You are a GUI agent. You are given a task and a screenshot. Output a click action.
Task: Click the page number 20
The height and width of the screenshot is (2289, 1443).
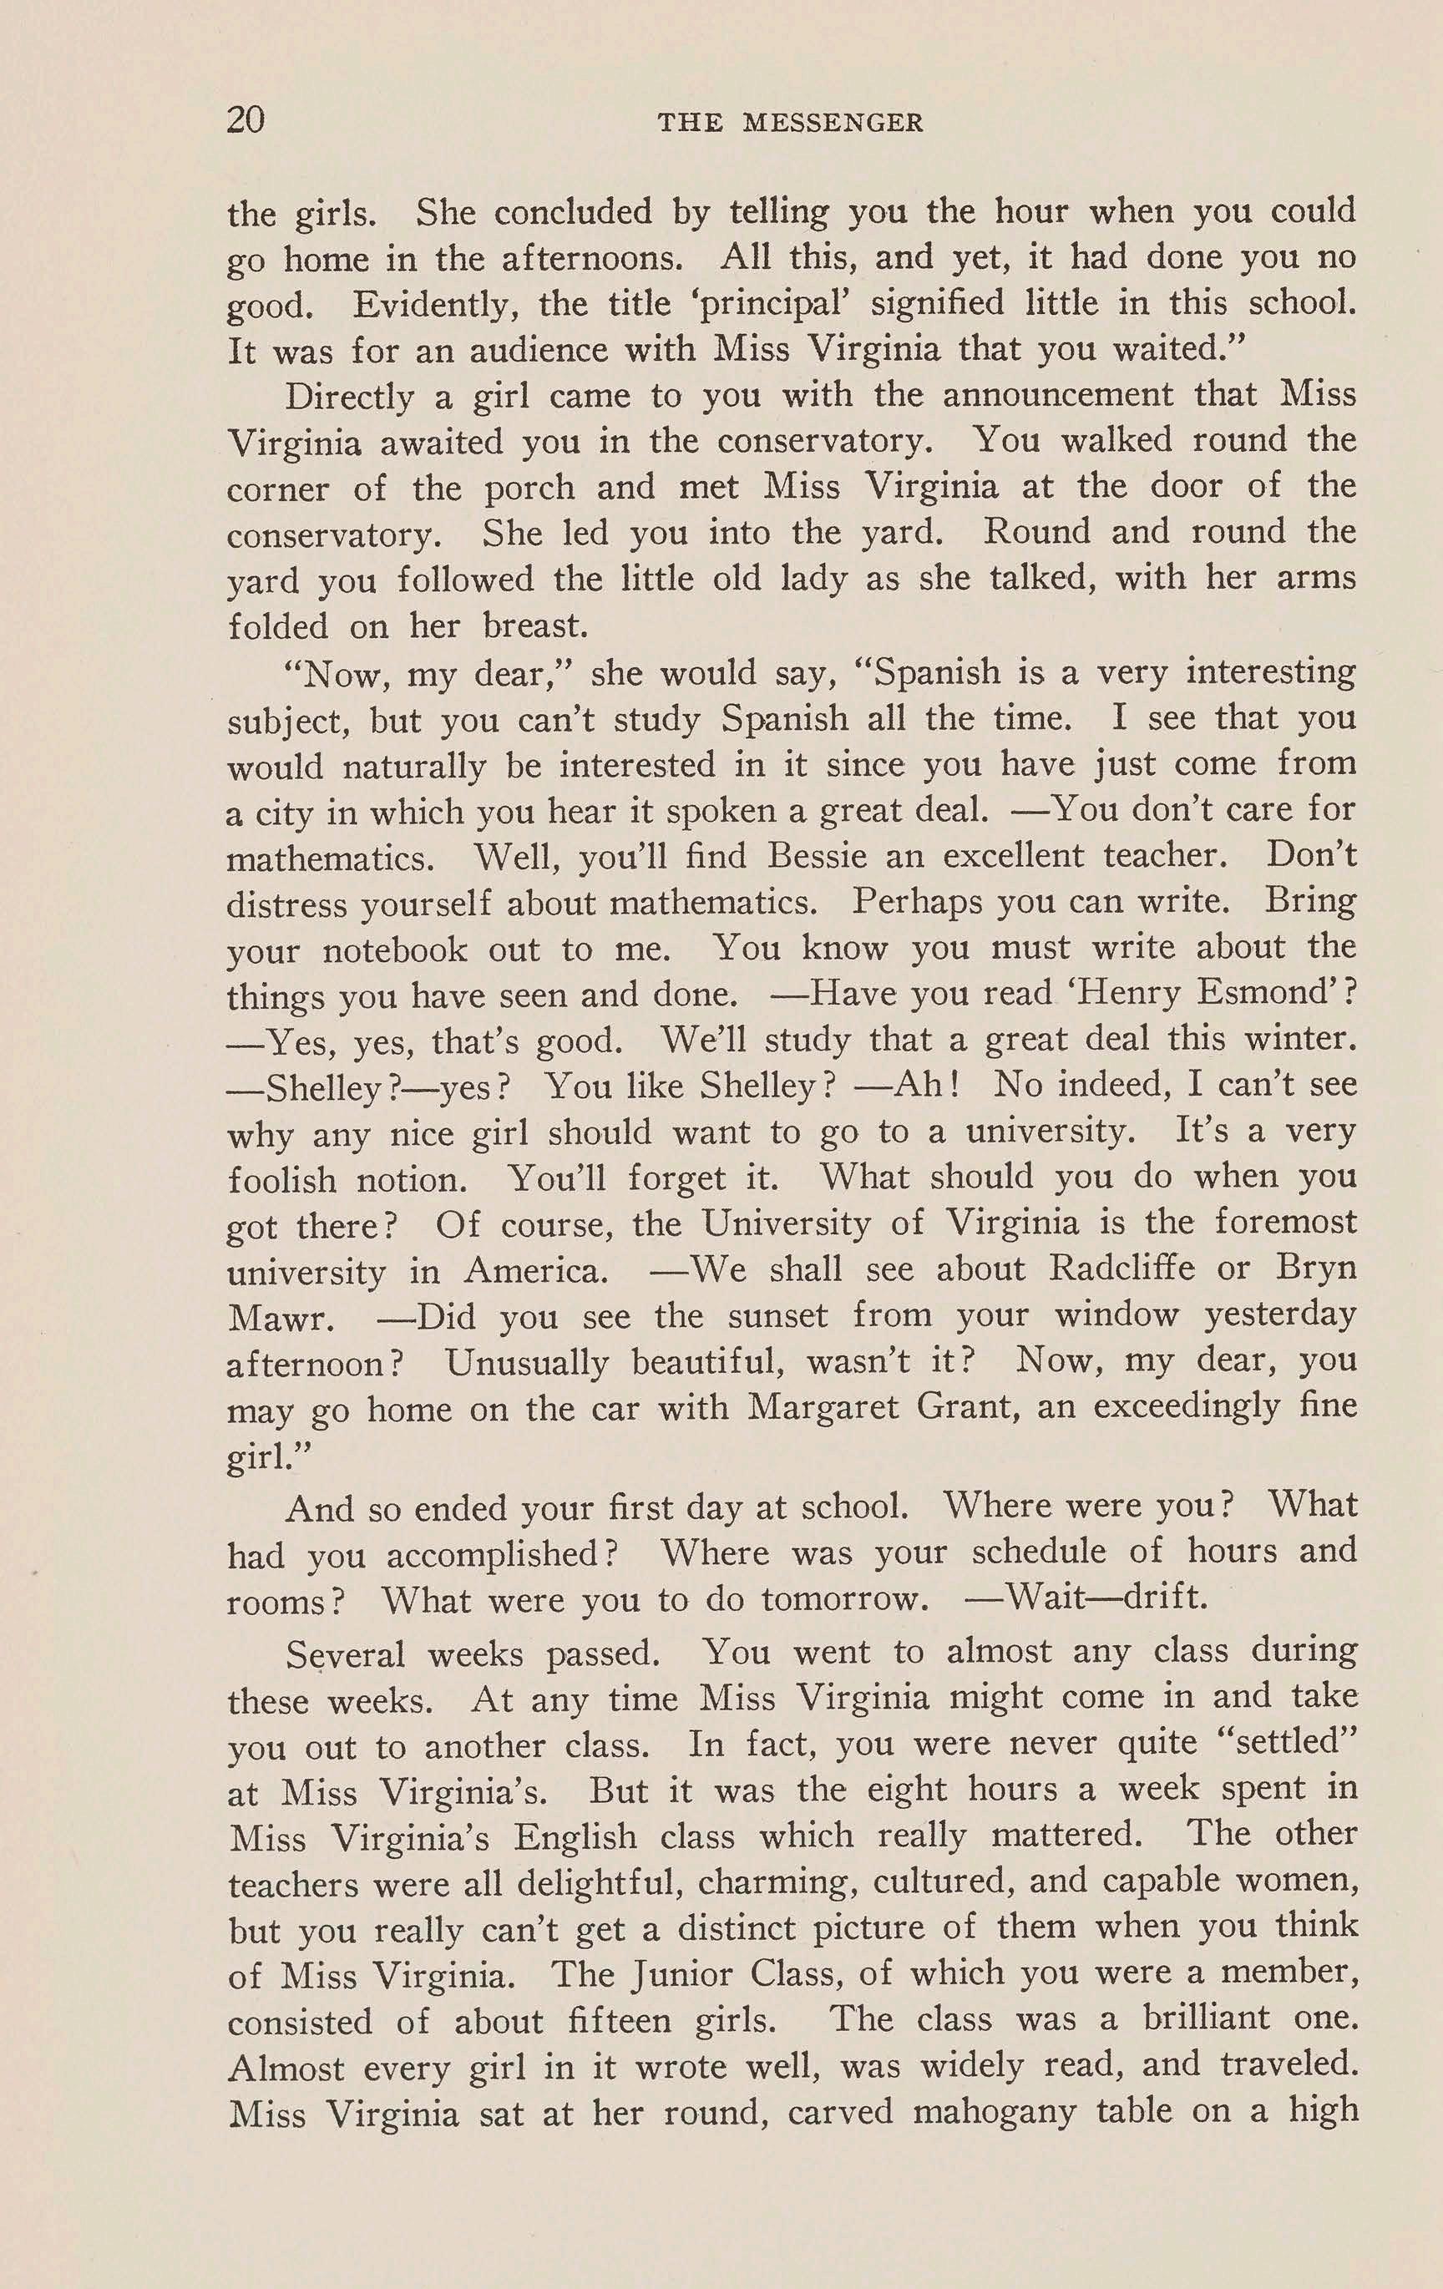246,121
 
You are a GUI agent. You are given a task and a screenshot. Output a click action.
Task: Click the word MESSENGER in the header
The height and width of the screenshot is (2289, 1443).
833,123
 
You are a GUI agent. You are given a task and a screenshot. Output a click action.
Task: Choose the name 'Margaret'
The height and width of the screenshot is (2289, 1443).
823,1407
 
